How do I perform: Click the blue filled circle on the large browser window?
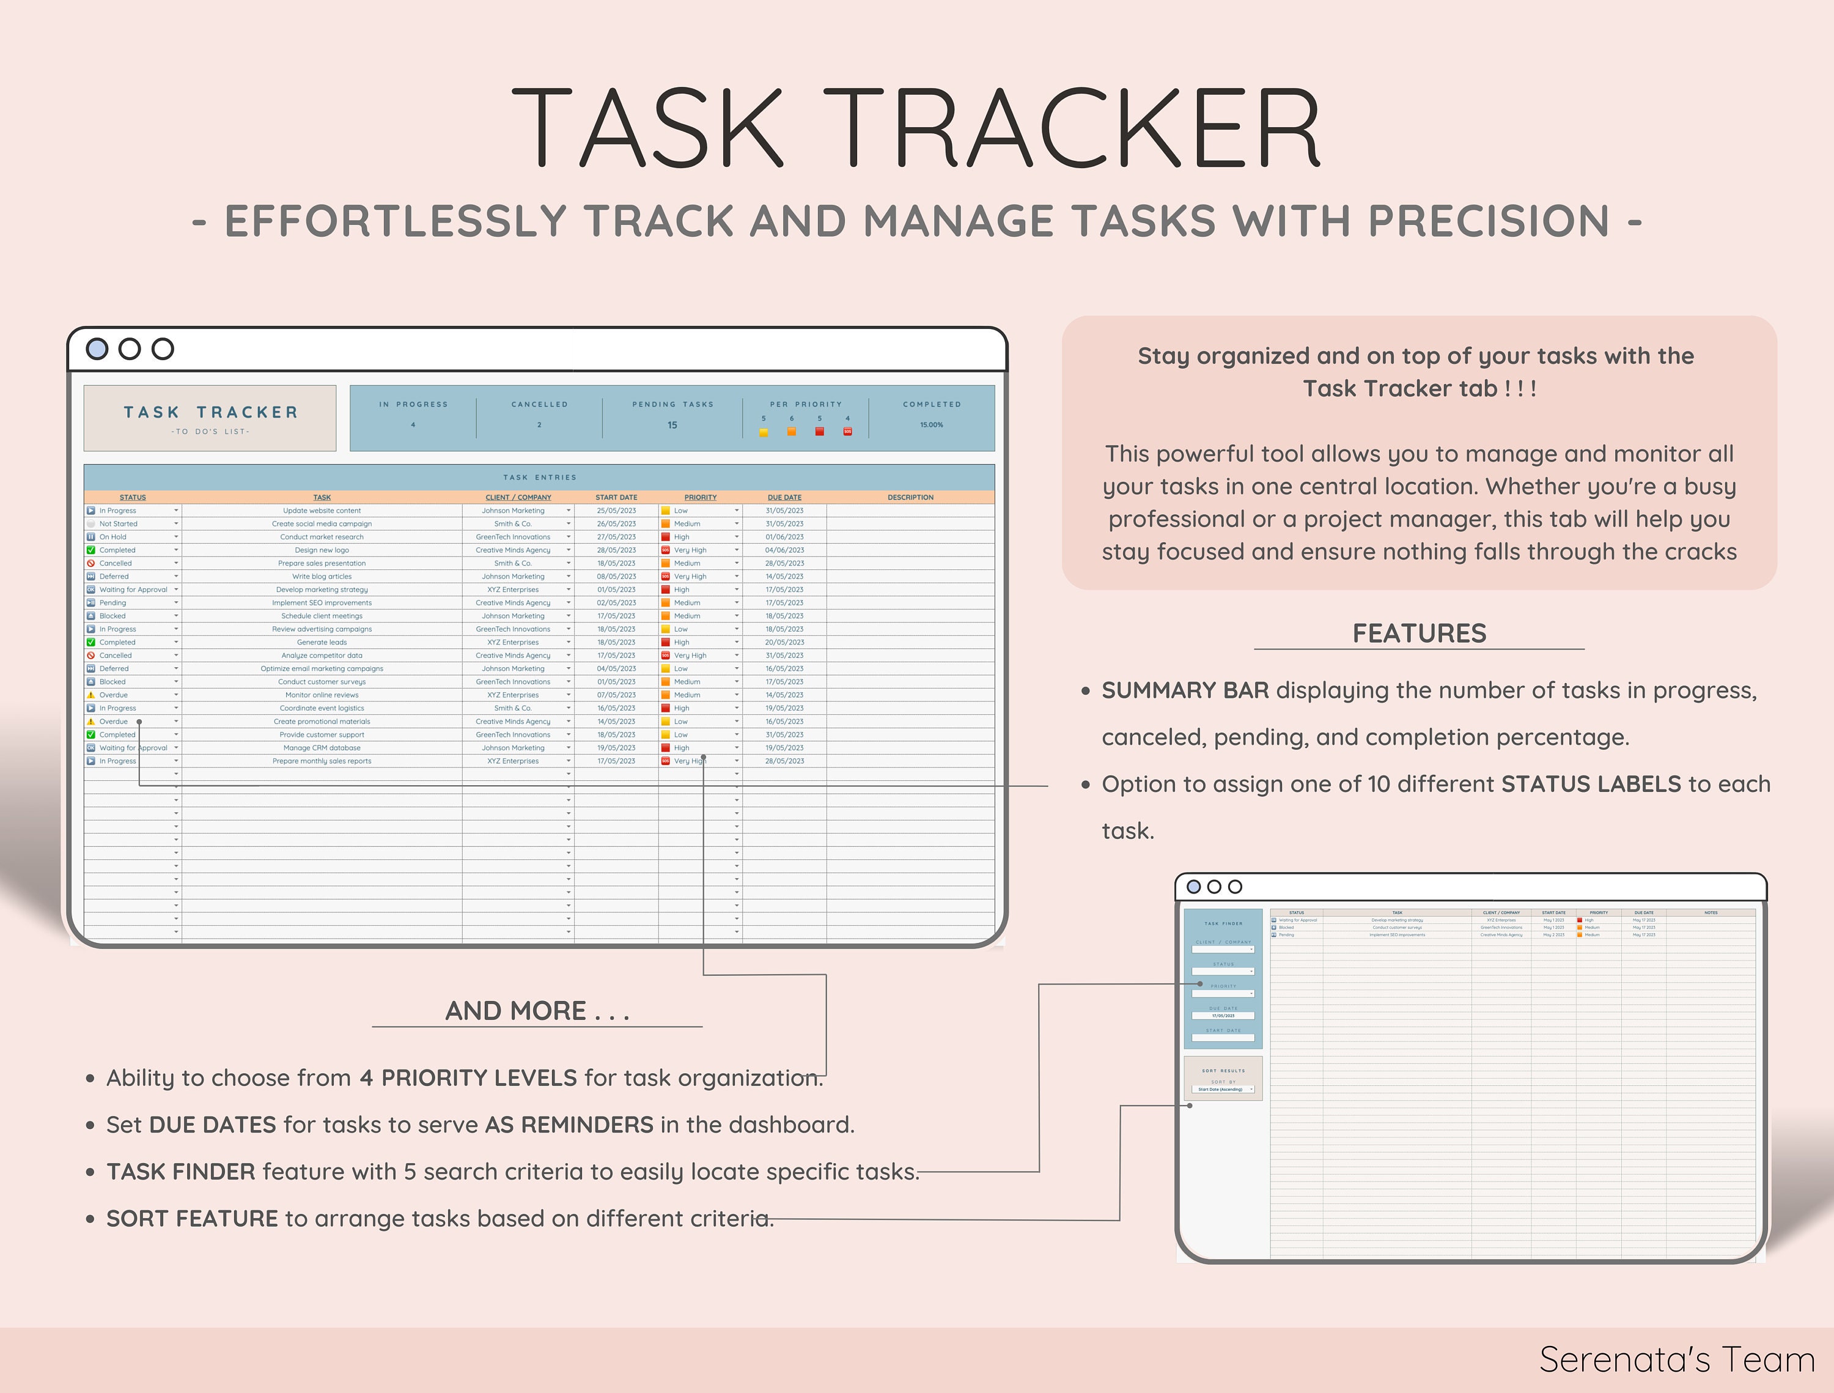coord(97,349)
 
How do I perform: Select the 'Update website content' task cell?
coord(322,511)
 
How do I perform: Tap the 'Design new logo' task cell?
coord(322,550)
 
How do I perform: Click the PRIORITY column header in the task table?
coord(701,498)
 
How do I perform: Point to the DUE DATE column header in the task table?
coord(784,498)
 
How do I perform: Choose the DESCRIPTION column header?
coord(910,498)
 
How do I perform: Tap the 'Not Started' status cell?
coord(119,524)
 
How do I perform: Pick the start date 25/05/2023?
coord(616,511)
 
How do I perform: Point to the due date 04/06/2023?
coord(784,550)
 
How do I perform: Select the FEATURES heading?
coord(1419,634)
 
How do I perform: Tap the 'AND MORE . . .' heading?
coord(537,1011)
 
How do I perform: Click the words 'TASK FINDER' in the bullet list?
coord(181,1172)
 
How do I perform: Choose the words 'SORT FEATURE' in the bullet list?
coord(193,1219)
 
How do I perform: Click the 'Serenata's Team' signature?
coord(1676,1360)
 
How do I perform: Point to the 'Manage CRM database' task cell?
coord(322,748)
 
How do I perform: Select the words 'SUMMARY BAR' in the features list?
coord(1185,691)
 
